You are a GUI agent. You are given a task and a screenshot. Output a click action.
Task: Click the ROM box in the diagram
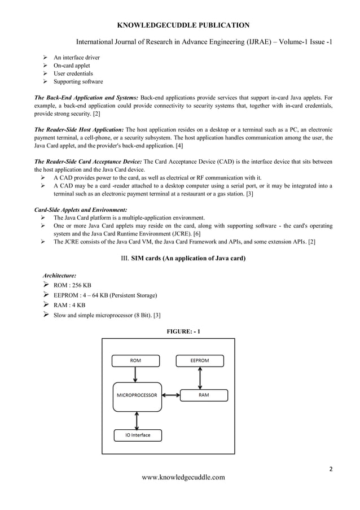coord(135,360)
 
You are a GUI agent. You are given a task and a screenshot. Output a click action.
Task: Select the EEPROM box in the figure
coord(200,360)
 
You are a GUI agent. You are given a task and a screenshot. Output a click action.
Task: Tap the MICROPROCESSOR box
coord(135,395)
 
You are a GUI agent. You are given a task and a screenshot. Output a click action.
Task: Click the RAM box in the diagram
coord(204,395)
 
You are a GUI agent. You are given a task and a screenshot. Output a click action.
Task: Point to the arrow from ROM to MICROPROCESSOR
coord(135,374)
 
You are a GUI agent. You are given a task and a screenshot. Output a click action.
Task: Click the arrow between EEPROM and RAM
coord(200,377)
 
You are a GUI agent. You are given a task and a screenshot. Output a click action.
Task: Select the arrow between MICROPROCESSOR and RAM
coord(169,395)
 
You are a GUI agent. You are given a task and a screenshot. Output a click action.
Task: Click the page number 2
coord(331,468)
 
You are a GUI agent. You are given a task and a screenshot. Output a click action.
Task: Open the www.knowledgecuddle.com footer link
coord(183,477)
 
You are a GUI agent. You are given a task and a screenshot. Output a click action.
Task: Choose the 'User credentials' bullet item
coord(73,73)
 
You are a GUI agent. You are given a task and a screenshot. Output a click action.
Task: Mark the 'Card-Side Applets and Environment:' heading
coord(81,210)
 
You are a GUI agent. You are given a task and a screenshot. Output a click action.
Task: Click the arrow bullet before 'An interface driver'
coord(45,58)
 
